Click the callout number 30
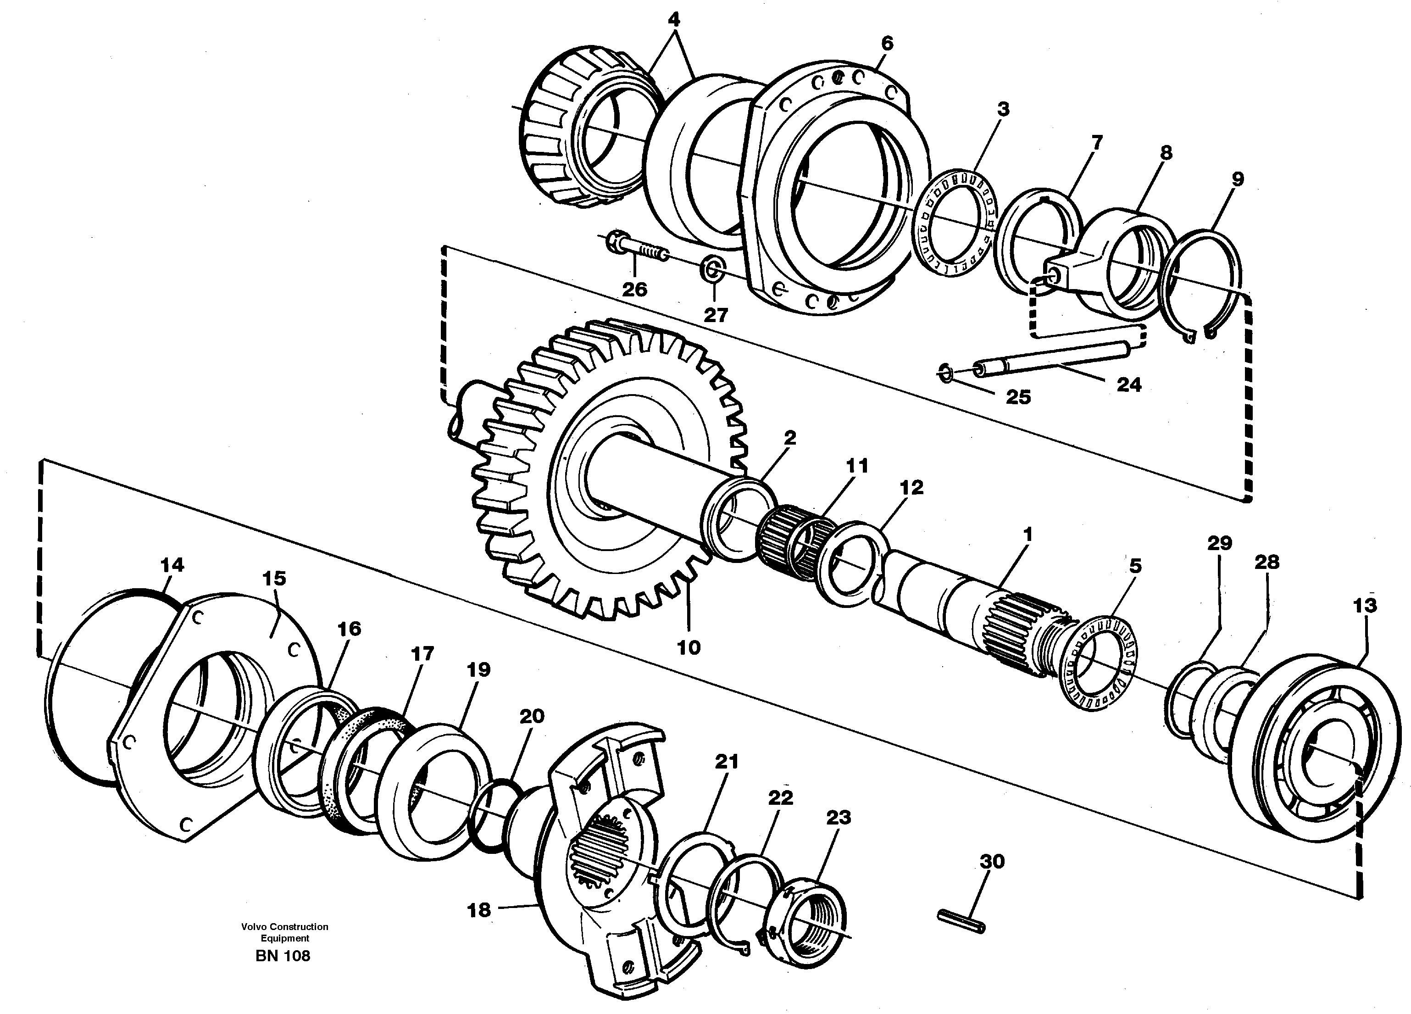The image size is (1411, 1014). point(992,862)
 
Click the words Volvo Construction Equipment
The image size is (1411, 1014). point(284,932)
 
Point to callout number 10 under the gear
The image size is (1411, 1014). point(689,647)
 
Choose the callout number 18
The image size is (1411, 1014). point(479,910)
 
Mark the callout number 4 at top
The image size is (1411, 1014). point(674,20)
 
